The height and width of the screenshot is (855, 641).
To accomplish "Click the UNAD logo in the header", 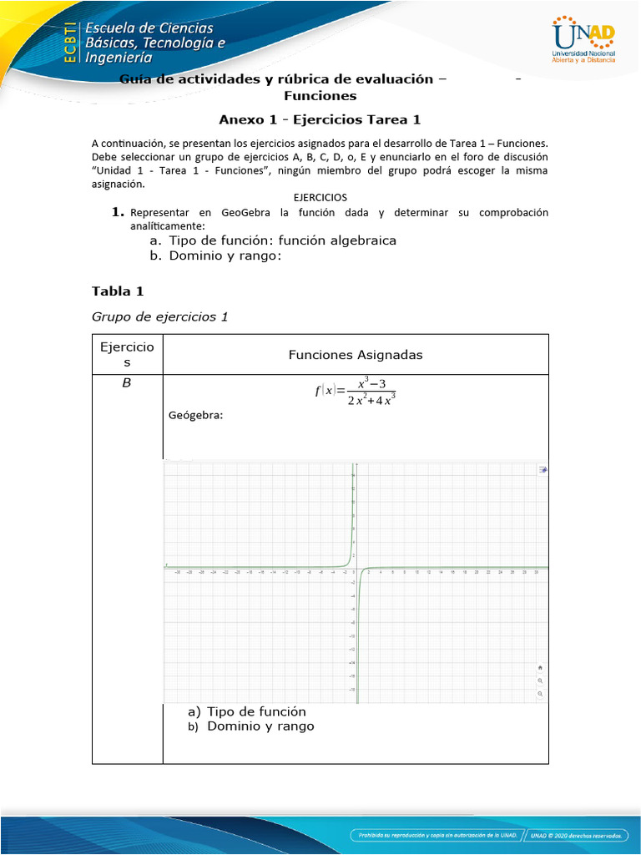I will point(584,40).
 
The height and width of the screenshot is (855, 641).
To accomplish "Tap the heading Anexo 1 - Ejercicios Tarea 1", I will point(320,119).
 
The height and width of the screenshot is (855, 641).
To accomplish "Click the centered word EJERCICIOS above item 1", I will point(320,197).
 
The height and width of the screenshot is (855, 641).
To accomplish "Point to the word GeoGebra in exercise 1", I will point(243,213).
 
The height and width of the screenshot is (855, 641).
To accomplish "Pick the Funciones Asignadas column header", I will point(356,355).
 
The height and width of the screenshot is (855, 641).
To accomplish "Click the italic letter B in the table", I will point(127,383).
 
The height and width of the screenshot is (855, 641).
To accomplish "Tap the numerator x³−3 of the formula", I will point(371,383).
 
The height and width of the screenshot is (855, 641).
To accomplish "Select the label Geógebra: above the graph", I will point(196,415).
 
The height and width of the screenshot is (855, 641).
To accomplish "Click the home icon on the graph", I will point(540,668).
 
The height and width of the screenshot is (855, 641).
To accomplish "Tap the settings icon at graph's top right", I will point(543,469).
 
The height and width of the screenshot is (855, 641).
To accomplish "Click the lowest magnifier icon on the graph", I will point(540,694).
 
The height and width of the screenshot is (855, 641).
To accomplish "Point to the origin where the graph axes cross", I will point(356,569).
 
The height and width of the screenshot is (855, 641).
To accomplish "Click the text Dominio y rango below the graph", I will point(260,726).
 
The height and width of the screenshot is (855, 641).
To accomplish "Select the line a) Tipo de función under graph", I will point(247,711).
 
